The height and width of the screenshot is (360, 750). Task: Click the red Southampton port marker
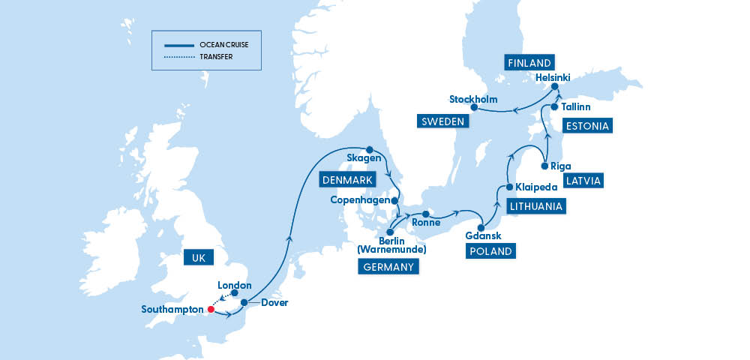(211, 309)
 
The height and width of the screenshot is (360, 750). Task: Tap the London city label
(234, 285)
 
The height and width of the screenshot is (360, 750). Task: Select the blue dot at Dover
(244, 303)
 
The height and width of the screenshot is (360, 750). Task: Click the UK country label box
(199, 258)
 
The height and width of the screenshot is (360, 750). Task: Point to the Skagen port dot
(368, 149)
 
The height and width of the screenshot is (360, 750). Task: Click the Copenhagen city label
(360, 200)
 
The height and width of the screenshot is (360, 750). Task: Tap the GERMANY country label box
(388, 267)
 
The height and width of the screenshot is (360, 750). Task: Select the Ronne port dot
(425, 214)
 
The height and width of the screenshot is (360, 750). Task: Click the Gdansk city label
(483, 235)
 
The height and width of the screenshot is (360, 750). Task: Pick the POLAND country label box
(491, 251)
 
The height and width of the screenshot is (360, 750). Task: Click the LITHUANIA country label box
(535, 205)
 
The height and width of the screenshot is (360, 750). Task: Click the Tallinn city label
(577, 107)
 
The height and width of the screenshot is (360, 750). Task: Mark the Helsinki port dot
(556, 87)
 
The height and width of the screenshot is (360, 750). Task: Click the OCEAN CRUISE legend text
(223, 45)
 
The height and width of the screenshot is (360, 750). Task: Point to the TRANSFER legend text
(216, 56)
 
